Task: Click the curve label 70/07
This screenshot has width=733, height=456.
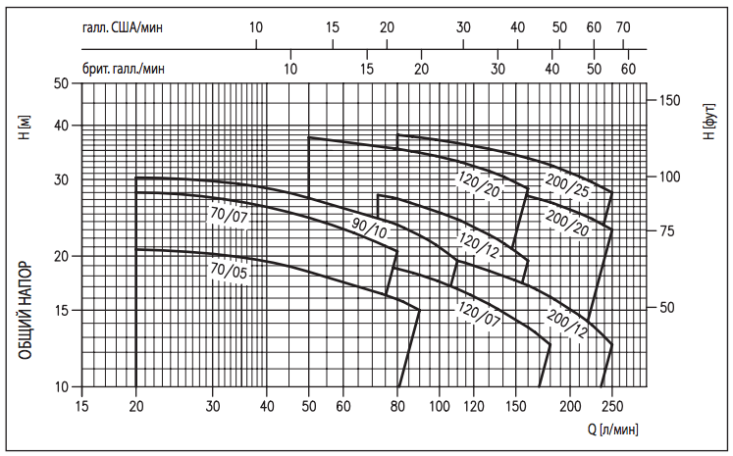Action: coord(229,216)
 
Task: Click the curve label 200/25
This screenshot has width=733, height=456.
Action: coord(567,184)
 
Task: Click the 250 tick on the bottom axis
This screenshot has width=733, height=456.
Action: coord(613,405)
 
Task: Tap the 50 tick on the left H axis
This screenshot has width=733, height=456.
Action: coord(61,83)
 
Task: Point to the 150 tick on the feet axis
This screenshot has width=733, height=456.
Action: coord(669,101)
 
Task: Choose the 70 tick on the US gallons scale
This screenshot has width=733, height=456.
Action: coord(622,27)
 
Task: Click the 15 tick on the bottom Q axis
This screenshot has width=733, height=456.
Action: coord(81,405)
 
